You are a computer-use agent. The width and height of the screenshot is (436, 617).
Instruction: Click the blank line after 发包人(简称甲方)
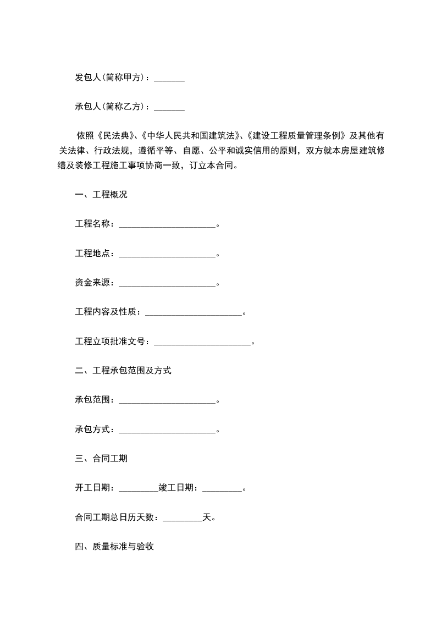click(169, 80)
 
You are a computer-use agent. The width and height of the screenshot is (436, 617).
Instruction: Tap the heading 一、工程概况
click(101, 195)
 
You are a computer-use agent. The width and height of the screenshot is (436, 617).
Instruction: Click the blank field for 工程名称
click(167, 225)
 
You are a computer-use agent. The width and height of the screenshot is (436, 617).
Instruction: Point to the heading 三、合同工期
click(101, 459)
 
